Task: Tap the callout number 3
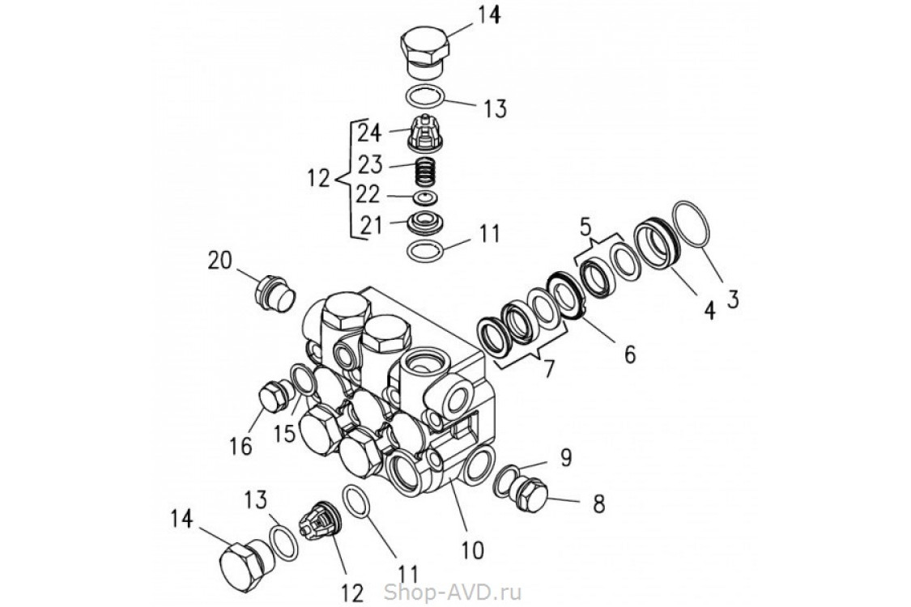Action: coord(732,299)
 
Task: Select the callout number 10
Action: coord(472,550)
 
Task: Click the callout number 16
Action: coord(241,445)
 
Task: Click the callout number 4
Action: coord(709,308)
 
